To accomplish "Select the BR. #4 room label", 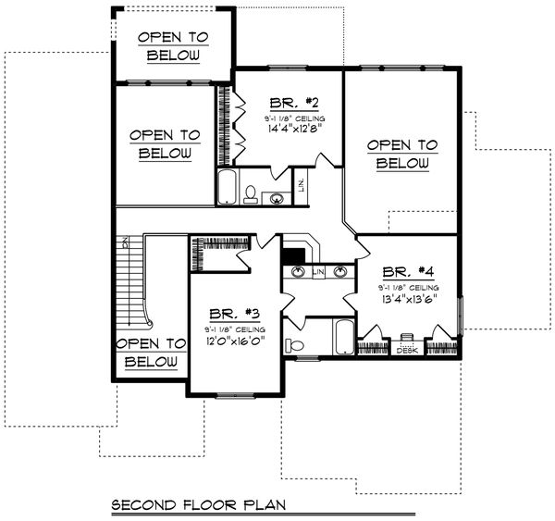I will click(407, 272).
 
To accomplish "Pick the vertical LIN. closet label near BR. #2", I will click(302, 188).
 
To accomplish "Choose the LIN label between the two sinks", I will click(319, 272).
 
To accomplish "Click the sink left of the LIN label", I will click(299, 272).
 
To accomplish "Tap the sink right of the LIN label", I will click(340, 272).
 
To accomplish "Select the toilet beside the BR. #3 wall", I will click(295, 345).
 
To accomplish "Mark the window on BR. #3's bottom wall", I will click(234, 395).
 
